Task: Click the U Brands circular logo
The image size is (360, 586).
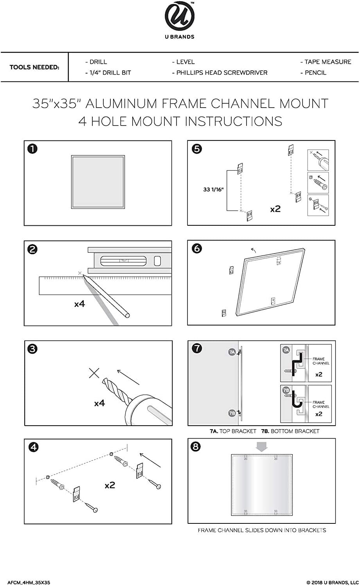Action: [x=179, y=18]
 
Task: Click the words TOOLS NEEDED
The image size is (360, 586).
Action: [x=34, y=67]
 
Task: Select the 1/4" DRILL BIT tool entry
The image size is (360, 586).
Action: [x=108, y=73]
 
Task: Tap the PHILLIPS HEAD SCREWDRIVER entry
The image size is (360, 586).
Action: [x=220, y=73]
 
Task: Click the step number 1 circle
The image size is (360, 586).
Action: [x=33, y=149]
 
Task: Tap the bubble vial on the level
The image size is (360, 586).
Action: [x=123, y=260]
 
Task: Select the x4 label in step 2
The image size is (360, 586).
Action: [x=79, y=304]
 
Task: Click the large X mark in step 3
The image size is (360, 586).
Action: [x=94, y=373]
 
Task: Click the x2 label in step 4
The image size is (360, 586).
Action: [x=110, y=485]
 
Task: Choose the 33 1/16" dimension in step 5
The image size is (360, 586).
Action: [x=213, y=190]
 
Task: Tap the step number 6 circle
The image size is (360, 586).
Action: [x=197, y=248]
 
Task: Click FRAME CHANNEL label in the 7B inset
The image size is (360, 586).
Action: [x=320, y=404]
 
